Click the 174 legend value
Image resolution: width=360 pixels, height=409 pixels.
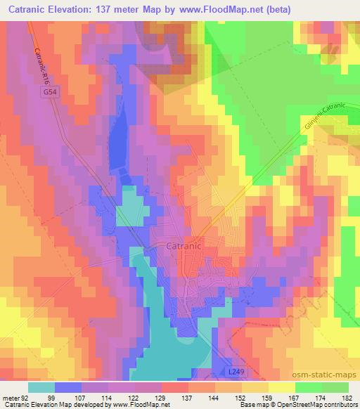click(321, 398)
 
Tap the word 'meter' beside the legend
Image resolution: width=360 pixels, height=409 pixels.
click(10, 398)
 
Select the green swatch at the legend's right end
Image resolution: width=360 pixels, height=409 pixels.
click(335, 387)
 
